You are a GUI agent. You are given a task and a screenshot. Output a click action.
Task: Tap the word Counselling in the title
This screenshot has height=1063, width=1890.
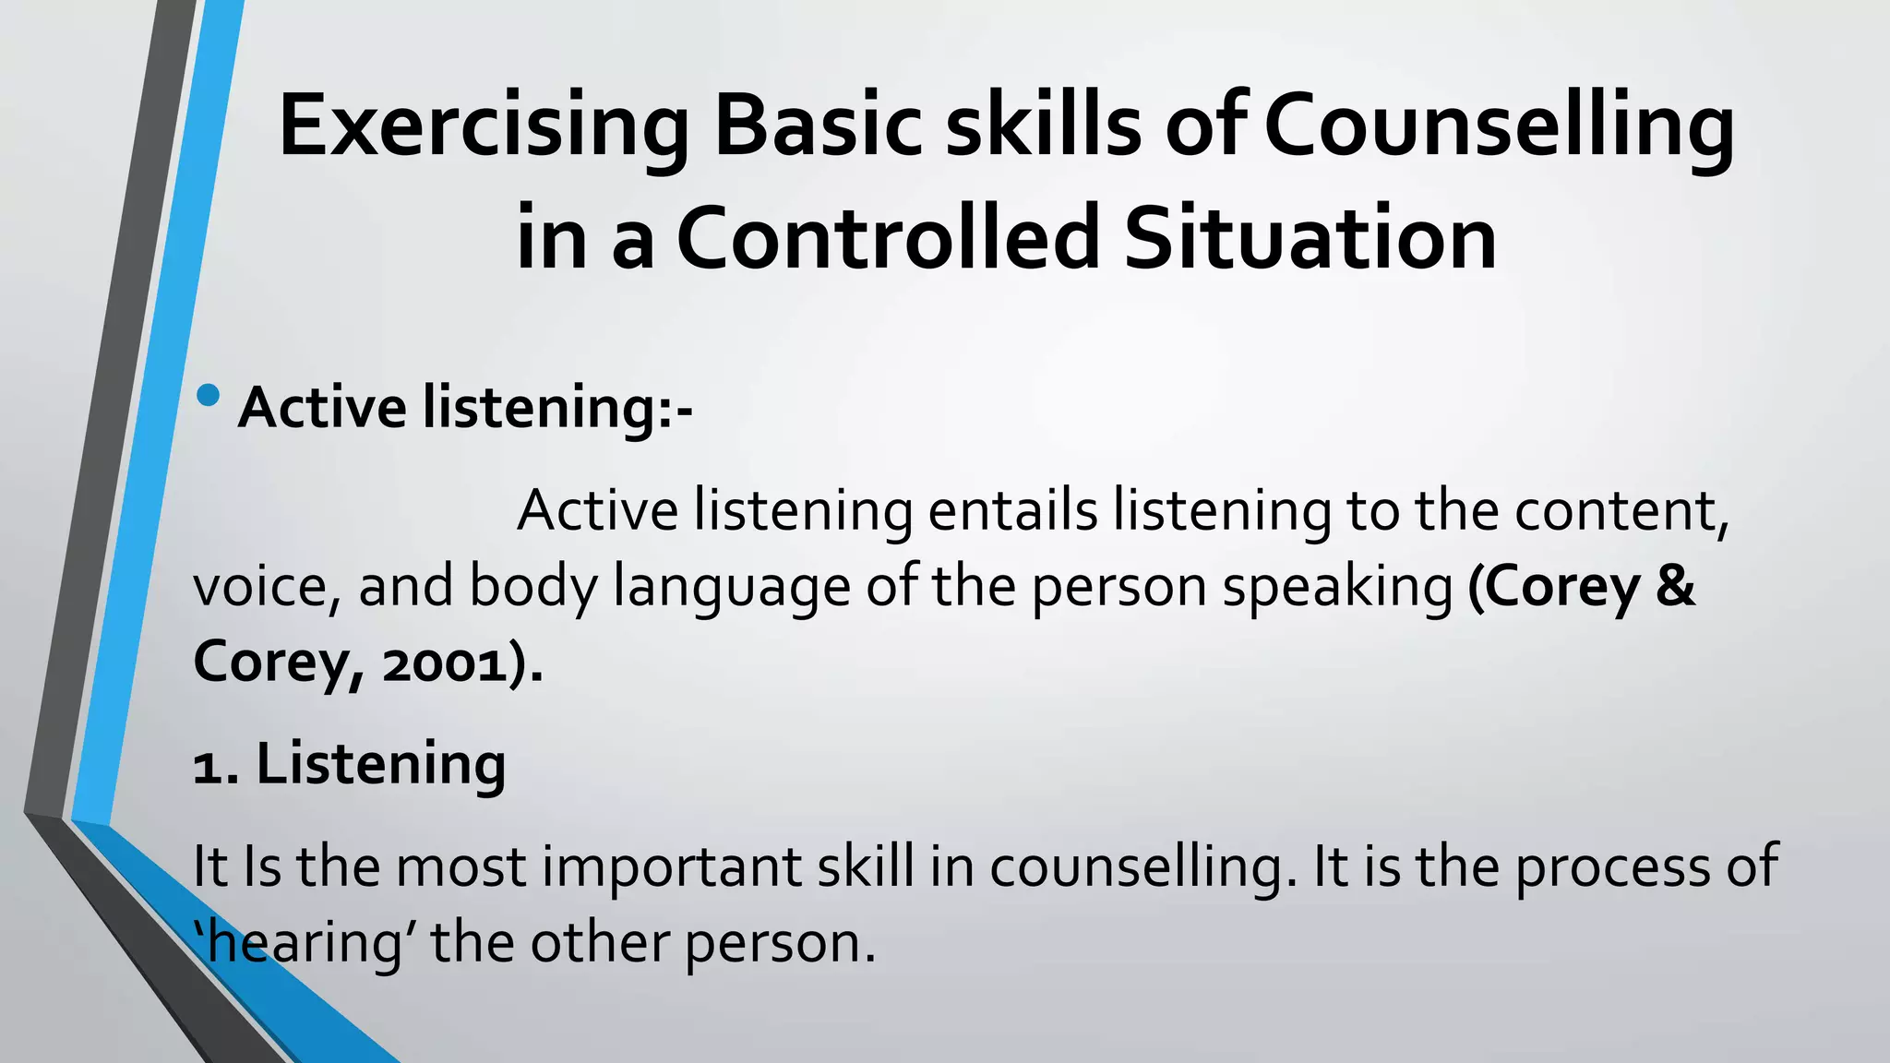(x=1499, y=127)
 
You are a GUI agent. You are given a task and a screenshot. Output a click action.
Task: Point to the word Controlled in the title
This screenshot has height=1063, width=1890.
(x=888, y=238)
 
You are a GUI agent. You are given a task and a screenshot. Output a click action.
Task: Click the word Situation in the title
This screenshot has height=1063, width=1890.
(x=1310, y=238)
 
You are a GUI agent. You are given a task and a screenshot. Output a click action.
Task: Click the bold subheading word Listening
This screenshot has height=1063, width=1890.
(x=380, y=766)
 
